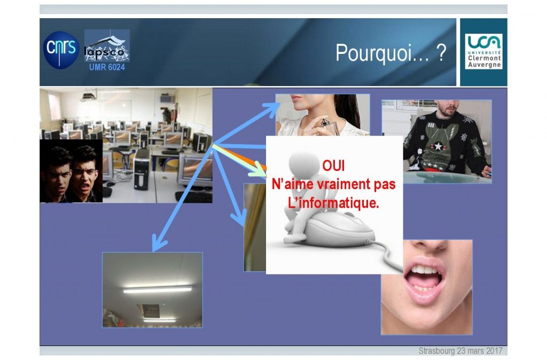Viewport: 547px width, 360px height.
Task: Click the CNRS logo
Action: (x=61, y=50)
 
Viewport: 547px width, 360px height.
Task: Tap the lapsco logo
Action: (x=107, y=46)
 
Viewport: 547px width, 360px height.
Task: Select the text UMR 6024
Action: (x=107, y=67)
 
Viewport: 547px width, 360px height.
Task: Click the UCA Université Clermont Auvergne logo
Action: (x=483, y=51)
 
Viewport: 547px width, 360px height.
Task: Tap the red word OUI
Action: (x=333, y=166)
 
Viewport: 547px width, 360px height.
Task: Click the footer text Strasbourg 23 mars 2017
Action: (x=460, y=350)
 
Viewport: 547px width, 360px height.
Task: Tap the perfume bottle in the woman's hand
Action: (x=329, y=126)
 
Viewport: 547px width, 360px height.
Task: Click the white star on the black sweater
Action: (x=438, y=146)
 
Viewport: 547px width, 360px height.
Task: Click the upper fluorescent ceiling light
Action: (x=158, y=289)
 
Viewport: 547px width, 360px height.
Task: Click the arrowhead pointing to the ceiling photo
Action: (x=158, y=245)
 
